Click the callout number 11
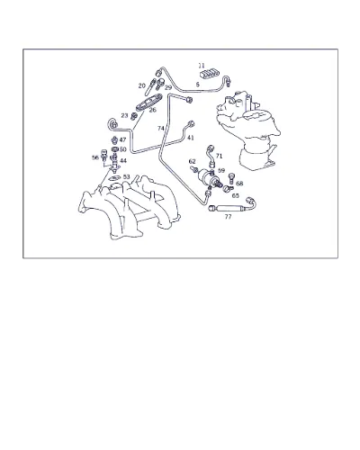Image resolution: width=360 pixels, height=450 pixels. click(202, 66)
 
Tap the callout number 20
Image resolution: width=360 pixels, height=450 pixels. click(142, 85)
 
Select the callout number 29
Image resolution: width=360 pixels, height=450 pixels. click(168, 87)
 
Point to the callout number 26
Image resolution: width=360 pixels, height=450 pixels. click(153, 110)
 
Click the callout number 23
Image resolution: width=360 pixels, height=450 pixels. click(124, 115)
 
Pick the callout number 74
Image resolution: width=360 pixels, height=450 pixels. click(161, 129)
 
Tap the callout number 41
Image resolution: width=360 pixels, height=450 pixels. click(191, 138)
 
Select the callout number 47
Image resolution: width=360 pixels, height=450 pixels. click(122, 139)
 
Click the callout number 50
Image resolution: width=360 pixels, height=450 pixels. click(123, 149)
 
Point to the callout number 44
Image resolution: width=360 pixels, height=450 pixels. click(123, 161)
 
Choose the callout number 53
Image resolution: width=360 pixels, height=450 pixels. click(127, 176)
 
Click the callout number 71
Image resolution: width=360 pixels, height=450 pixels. click(220, 156)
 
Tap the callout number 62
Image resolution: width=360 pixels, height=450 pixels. click(193, 161)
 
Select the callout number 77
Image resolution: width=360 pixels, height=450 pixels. click(229, 216)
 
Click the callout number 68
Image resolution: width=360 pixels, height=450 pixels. click(239, 184)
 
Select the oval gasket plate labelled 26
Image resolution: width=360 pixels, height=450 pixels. click(149, 102)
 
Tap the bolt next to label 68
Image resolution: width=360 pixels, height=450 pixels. click(231, 178)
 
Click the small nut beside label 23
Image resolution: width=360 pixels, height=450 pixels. click(134, 115)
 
